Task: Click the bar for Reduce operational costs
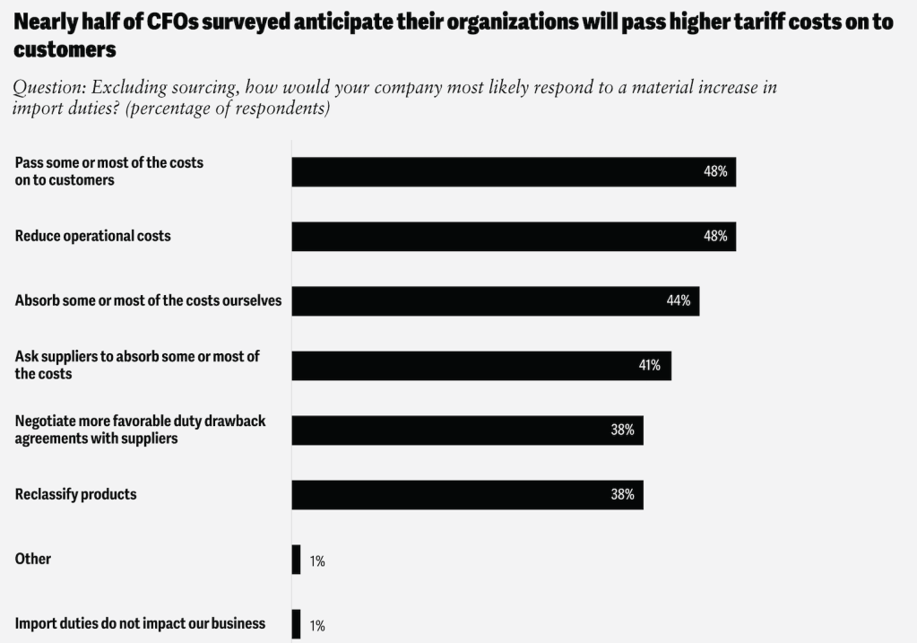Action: (x=513, y=236)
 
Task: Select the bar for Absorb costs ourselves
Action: (x=495, y=300)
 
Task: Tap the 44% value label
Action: (x=679, y=300)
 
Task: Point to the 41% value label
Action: (x=650, y=365)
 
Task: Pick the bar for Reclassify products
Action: (x=467, y=494)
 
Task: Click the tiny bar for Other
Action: (x=296, y=560)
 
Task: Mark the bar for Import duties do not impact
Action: (x=296, y=624)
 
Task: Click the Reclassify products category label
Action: (x=76, y=493)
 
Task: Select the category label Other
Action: (x=33, y=559)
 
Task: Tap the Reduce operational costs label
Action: (x=93, y=236)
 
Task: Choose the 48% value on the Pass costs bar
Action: (x=715, y=171)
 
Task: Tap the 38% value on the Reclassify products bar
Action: (x=623, y=494)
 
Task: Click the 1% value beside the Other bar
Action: (x=317, y=561)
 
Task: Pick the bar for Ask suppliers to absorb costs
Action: (x=481, y=365)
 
